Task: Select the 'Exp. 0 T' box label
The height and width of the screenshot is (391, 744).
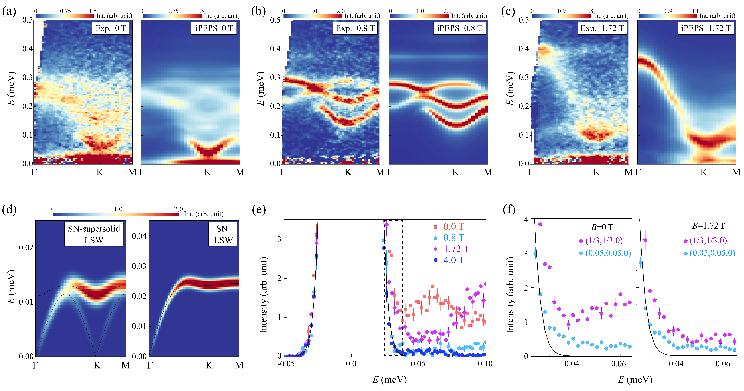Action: tap(111, 28)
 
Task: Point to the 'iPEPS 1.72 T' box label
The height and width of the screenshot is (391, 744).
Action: tap(706, 28)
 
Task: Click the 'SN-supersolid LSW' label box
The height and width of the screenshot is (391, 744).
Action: tap(94, 234)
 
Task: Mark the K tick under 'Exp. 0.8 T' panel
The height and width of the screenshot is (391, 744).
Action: tap(348, 172)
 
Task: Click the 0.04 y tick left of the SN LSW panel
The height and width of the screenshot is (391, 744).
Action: tap(139, 236)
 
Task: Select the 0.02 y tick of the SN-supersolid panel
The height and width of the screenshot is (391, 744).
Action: tap(26, 248)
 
